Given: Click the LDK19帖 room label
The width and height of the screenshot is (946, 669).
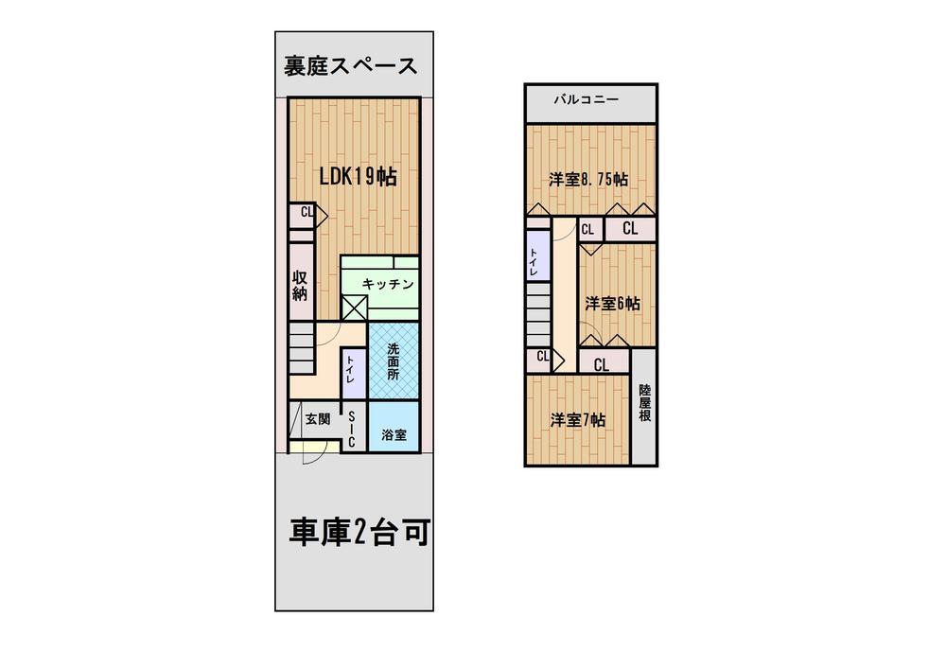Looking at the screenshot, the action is [x=358, y=177].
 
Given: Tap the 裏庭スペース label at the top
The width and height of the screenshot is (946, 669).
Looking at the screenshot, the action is [x=351, y=65].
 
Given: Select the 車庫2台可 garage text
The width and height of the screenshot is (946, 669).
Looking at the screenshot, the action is [x=359, y=532].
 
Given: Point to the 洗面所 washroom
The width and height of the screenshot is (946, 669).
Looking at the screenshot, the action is [x=394, y=361].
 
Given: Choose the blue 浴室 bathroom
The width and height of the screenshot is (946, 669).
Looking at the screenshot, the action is [x=394, y=427].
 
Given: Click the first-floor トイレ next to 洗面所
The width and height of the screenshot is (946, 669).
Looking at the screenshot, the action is [x=353, y=373].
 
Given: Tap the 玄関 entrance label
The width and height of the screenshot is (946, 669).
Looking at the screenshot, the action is [x=317, y=418].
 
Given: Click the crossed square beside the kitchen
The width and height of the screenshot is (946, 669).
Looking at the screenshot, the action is [x=354, y=308].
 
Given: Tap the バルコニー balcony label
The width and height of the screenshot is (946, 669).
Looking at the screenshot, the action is [x=587, y=99].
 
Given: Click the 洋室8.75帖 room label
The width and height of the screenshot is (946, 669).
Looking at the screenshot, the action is [x=588, y=179].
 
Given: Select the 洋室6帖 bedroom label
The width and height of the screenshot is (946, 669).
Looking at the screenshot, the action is [x=612, y=303].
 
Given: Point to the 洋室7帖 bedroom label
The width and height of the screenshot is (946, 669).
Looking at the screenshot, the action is [x=577, y=420].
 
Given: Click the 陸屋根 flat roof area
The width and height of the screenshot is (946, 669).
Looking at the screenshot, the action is [x=644, y=406].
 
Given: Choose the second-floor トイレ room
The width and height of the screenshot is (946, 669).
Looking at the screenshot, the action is [x=538, y=255].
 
